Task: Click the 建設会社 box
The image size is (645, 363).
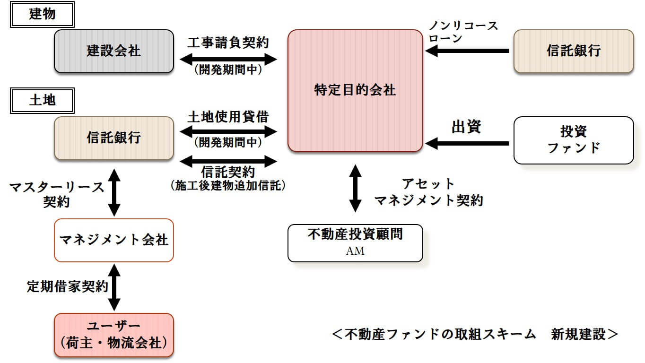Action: click(113, 51)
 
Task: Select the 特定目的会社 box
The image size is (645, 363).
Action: click(355, 91)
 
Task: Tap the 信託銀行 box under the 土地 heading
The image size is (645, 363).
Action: click(113, 138)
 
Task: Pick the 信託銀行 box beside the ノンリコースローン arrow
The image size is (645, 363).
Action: click(573, 51)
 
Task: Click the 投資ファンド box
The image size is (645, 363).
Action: click(573, 140)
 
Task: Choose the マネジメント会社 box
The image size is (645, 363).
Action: click(113, 240)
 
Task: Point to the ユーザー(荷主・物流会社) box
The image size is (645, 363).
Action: click(113, 335)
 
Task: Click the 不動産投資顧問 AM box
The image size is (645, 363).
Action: click(355, 243)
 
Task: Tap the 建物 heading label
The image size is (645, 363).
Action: click(42, 14)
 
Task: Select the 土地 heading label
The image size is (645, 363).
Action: click(42, 100)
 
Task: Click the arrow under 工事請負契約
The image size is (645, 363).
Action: click(228, 60)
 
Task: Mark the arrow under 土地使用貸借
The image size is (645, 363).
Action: click(228, 130)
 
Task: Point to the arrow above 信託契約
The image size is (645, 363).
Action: click(228, 161)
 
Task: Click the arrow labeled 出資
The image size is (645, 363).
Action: click(467, 143)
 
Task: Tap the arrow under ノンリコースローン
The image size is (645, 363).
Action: click(467, 51)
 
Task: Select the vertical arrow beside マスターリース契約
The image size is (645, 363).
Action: click(114, 193)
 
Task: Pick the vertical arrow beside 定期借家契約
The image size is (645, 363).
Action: click(114, 287)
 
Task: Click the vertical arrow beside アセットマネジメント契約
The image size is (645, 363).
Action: click(355, 188)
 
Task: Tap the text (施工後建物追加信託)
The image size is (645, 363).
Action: click(228, 186)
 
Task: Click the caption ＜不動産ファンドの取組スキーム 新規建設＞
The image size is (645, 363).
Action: click(475, 335)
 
